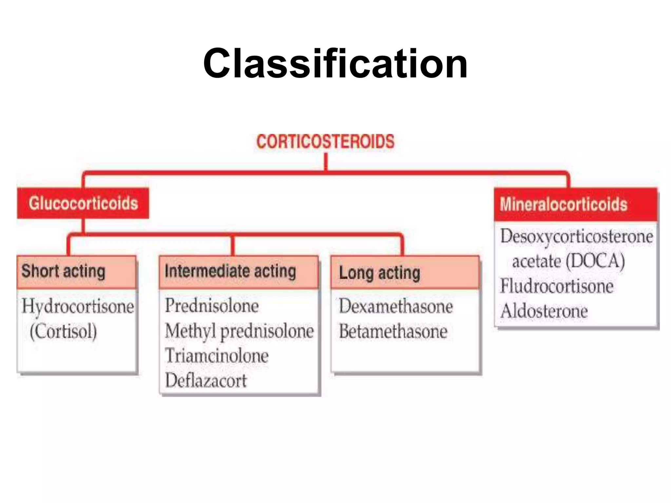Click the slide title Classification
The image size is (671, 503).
335,64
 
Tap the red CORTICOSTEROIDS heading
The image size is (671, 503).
325,142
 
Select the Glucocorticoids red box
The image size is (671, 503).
83,203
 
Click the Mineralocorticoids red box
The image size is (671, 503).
576,204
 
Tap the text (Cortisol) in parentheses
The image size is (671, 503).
63,331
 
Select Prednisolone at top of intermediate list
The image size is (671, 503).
212,306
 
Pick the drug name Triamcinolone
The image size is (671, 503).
217,356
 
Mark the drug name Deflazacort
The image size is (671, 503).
205,381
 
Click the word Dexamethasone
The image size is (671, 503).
396,307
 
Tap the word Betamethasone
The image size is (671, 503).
393,331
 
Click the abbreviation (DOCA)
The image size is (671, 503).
595,261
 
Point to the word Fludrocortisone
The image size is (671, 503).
557,286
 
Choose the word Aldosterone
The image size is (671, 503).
544,311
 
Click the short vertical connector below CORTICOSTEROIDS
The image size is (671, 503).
326,162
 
